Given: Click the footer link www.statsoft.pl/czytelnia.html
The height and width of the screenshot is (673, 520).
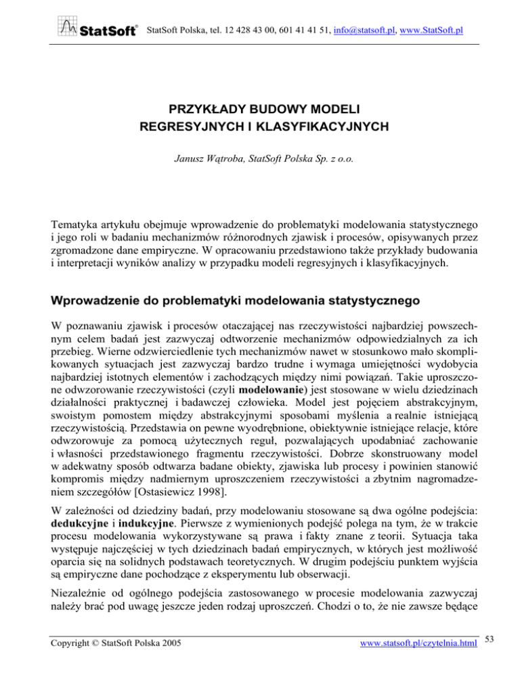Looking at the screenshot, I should [x=420, y=656].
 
